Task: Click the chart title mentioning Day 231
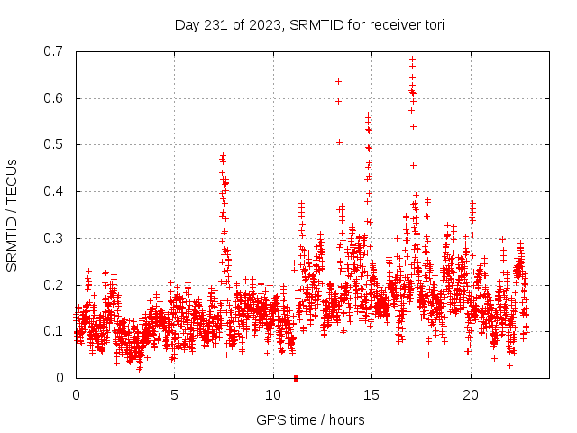[x=309, y=24]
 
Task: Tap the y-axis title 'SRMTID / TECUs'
[x=13, y=215]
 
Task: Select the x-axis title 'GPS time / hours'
[x=310, y=419]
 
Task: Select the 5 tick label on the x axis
[x=174, y=394]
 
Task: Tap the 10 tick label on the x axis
[x=273, y=394]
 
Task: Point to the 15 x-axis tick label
[x=371, y=394]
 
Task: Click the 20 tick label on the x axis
[x=471, y=394]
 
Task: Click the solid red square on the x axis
[x=296, y=377]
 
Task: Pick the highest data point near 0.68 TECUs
[x=412, y=60]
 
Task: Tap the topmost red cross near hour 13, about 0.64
[x=338, y=81]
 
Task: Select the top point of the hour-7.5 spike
[x=223, y=155]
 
